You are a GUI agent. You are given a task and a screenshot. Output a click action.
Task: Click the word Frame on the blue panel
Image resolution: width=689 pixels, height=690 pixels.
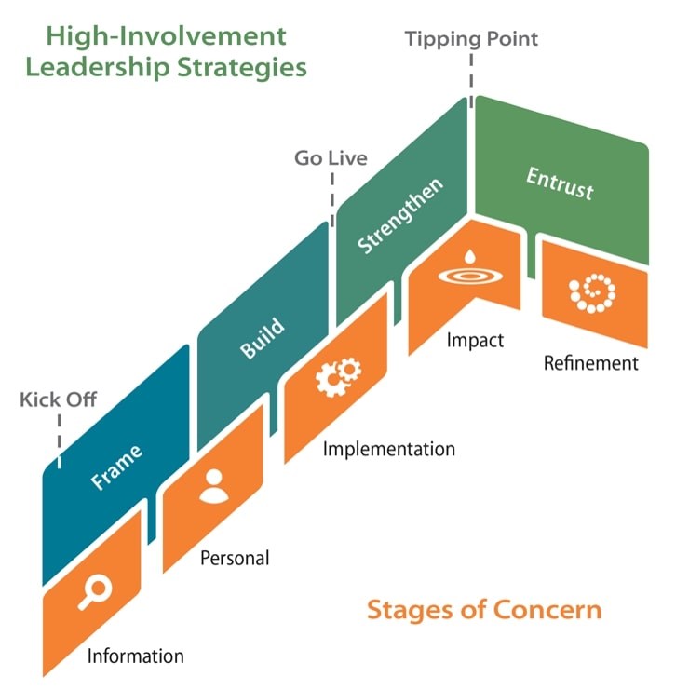(x=116, y=467)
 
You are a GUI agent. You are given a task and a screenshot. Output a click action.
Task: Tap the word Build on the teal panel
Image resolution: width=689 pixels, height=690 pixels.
(x=263, y=337)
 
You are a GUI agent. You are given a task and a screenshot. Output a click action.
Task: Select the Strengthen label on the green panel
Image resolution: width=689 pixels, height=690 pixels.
(x=400, y=216)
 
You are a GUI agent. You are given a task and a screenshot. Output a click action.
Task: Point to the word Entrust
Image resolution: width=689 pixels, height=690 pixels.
(x=560, y=183)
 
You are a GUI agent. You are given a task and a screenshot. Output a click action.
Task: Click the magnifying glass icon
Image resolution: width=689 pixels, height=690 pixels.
(x=95, y=592)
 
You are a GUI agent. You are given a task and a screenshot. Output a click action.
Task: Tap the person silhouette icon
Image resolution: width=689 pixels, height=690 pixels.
(x=214, y=486)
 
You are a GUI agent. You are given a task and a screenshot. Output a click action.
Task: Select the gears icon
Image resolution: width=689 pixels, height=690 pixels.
(x=338, y=377)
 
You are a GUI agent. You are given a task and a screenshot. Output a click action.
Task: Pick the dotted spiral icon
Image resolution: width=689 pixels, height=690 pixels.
(x=592, y=293)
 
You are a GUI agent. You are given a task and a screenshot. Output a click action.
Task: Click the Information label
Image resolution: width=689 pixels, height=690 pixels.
(x=136, y=656)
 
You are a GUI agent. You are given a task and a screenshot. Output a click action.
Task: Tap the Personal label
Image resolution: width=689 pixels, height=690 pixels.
(x=235, y=558)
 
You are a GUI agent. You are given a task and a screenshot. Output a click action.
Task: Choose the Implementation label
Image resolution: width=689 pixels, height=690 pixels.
(x=389, y=450)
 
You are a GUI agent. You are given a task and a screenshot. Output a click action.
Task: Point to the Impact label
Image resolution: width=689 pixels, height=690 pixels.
(x=475, y=341)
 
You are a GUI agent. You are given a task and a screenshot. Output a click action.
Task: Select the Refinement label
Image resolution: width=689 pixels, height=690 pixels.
(x=591, y=363)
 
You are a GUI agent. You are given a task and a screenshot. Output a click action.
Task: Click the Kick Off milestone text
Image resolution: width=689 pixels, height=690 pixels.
(x=58, y=399)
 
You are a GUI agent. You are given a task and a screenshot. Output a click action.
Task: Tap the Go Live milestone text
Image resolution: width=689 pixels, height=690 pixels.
(x=331, y=158)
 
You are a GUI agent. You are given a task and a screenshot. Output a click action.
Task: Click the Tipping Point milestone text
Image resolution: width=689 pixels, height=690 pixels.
(x=471, y=40)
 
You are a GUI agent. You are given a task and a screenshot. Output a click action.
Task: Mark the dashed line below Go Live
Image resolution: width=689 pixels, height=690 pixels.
(x=332, y=199)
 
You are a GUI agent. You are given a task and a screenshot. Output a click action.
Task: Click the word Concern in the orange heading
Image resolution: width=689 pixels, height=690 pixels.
(x=547, y=610)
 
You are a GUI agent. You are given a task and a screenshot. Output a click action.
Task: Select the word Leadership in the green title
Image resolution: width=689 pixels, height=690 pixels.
(x=98, y=68)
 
